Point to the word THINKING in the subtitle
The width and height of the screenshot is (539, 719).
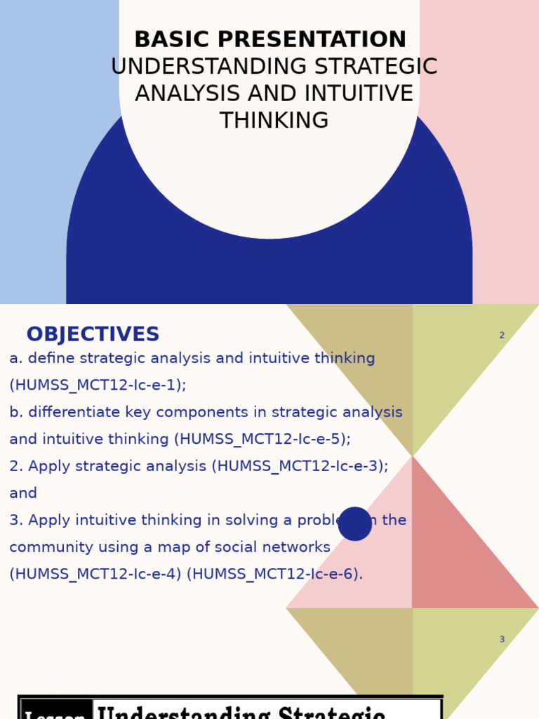(x=274, y=121)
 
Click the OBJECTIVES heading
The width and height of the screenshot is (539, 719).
(x=93, y=335)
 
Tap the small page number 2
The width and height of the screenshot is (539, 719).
(x=502, y=336)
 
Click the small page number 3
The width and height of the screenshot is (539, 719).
(x=502, y=640)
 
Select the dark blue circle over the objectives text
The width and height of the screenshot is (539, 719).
(x=355, y=524)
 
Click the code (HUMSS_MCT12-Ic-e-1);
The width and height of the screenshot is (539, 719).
(x=98, y=385)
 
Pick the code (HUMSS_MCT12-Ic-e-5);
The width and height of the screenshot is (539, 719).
(x=265, y=440)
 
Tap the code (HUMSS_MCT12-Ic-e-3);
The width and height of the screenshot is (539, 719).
(x=300, y=466)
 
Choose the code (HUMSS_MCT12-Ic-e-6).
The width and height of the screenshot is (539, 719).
(x=275, y=574)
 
